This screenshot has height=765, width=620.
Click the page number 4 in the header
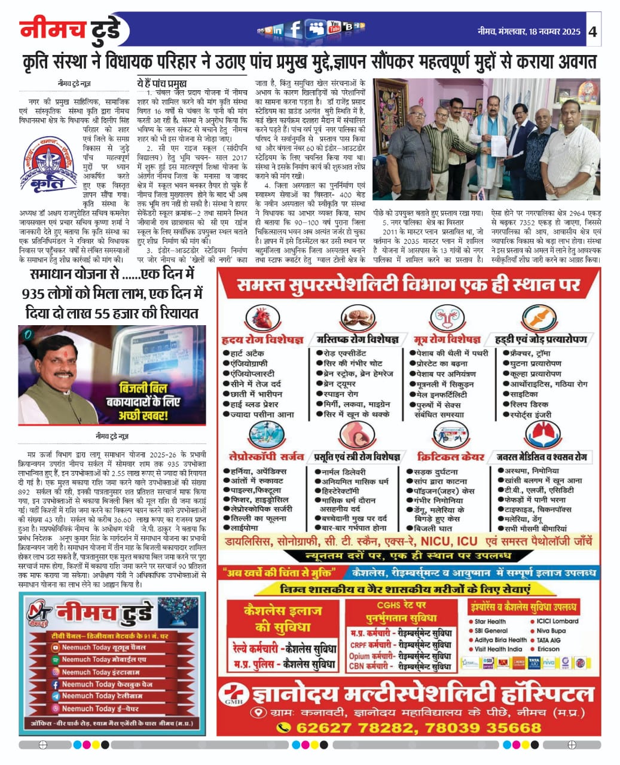tap(592, 31)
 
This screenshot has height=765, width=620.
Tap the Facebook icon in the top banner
tap(294, 29)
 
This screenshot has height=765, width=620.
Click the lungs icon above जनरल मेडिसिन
tap(542, 435)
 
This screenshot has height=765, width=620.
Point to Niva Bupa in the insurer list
tap(551, 631)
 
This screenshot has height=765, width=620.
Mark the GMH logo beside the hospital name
tap(231, 696)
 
